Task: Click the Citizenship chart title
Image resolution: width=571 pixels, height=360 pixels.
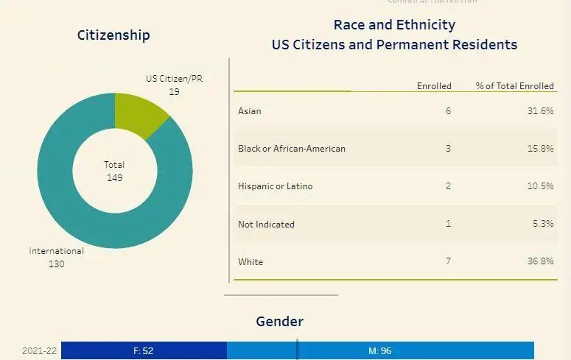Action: coord(113,35)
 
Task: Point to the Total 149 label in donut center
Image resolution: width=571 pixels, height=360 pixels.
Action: coord(114,171)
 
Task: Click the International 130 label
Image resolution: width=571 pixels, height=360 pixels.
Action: coord(57,257)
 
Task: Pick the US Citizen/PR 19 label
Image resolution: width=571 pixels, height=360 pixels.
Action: coord(174,85)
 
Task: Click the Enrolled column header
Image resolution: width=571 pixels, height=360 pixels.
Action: coord(434,86)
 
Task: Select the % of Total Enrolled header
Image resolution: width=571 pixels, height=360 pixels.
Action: coord(514,86)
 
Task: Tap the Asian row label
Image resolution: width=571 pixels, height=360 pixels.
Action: coord(250,111)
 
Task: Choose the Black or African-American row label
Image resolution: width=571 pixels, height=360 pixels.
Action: coord(292,149)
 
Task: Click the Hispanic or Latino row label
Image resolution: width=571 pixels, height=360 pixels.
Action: coord(276,186)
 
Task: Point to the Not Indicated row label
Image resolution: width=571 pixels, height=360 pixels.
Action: coord(266,224)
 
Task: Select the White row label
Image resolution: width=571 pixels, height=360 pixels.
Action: coord(251,261)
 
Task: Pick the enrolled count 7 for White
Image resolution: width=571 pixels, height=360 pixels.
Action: coord(448,261)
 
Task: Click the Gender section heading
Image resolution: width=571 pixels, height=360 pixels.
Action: coord(279,322)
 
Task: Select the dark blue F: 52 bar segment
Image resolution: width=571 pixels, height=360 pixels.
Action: coord(144,350)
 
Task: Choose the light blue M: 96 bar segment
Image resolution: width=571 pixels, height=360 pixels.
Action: coord(380,350)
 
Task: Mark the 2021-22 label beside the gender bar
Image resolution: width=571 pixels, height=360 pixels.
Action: coord(39,350)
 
